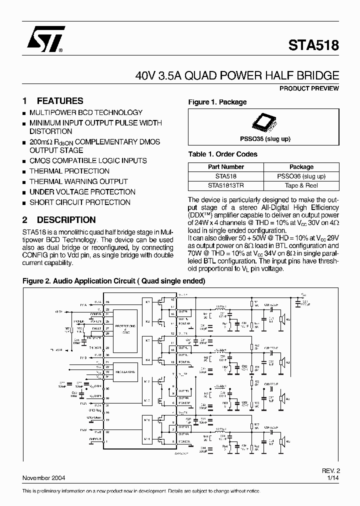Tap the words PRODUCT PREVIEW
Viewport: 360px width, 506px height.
pos(309,88)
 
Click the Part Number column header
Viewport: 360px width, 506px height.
pos(226,167)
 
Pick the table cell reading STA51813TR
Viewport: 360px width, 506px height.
pos(226,185)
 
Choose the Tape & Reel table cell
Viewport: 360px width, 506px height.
pos(301,185)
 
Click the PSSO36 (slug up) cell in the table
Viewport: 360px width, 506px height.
pos(301,176)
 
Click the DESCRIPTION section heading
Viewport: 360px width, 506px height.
pos(66,219)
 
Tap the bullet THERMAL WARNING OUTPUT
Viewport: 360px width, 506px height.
pos(78,181)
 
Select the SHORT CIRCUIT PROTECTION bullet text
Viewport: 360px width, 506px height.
pos(80,202)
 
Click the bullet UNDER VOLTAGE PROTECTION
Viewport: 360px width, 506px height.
pos(82,192)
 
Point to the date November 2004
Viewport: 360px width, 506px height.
pos(43,477)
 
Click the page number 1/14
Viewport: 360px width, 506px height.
pos(332,477)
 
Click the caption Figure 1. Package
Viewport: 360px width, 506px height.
pos(217,102)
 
